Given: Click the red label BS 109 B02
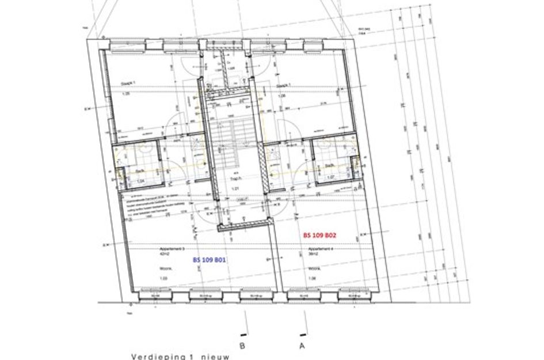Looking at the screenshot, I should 319,236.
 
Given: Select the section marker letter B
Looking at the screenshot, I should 242,346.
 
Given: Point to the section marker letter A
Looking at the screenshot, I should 301,346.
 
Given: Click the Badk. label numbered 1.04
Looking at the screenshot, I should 139,171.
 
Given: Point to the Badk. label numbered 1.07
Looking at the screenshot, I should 329,166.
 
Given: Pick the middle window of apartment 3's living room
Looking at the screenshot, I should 206,295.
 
